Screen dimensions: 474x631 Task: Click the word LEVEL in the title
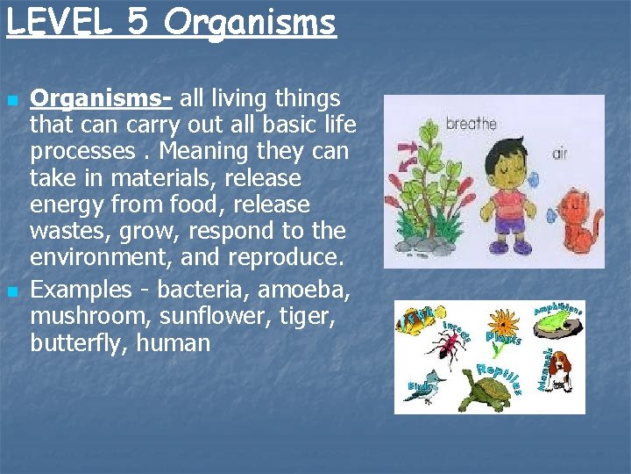tap(58, 22)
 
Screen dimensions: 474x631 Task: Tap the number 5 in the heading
tap(138, 22)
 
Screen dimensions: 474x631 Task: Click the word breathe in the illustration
tap(471, 125)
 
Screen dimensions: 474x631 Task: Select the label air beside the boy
tap(559, 154)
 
